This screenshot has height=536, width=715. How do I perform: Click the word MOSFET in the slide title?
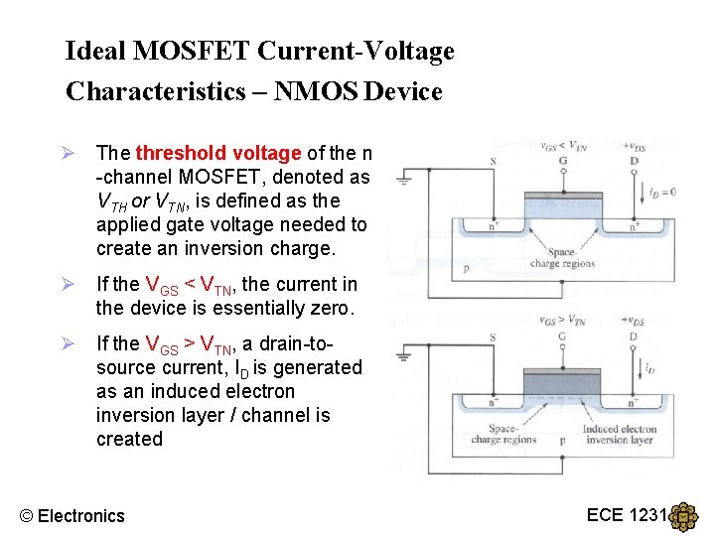click(x=189, y=51)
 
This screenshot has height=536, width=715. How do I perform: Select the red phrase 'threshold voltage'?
click(x=218, y=153)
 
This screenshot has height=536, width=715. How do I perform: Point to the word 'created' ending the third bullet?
click(x=129, y=439)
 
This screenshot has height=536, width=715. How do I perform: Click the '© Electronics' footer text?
click(x=73, y=515)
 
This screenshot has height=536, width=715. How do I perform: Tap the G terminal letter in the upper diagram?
click(x=562, y=162)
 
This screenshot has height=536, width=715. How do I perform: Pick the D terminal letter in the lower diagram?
click(x=633, y=336)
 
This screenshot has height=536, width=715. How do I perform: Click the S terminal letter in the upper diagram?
click(x=494, y=162)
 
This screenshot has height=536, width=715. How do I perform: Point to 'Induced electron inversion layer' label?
click(x=619, y=435)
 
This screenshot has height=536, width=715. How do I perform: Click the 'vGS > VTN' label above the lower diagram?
click(x=562, y=321)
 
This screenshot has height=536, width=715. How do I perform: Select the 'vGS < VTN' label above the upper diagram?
click(x=562, y=146)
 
